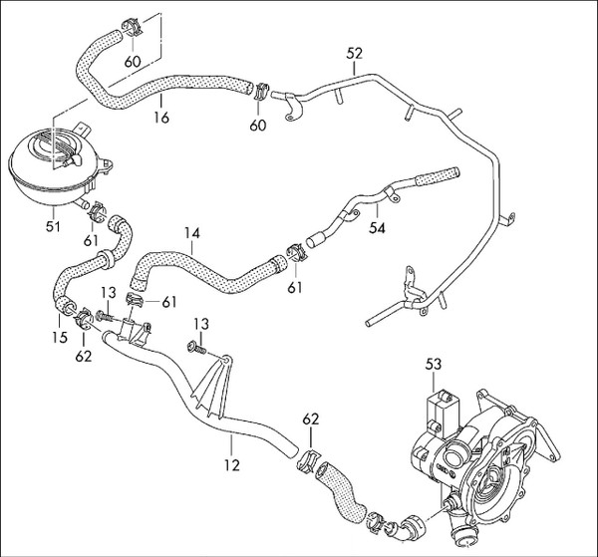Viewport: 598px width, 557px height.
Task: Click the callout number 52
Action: tap(354, 54)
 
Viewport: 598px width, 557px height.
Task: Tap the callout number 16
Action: tap(161, 118)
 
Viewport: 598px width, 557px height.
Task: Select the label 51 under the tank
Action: tap(53, 226)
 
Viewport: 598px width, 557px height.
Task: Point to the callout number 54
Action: tap(377, 227)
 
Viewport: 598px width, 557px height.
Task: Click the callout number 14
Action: tap(191, 233)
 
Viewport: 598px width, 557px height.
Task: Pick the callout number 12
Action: tap(232, 465)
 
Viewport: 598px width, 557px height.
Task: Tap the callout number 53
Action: tap(434, 364)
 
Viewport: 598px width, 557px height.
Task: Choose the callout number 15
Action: tap(60, 337)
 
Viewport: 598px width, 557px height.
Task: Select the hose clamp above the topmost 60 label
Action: tap(132, 27)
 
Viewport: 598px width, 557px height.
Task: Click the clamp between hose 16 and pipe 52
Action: tap(261, 91)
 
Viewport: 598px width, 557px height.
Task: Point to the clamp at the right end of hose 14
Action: tap(296, 253)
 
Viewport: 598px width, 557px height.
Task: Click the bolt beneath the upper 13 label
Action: tap(106, 316)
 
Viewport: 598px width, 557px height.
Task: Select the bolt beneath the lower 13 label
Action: tap(197, 348)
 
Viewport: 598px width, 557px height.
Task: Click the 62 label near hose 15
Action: tap(84, 356)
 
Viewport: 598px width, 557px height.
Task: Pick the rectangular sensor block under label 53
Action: tap(443, 414)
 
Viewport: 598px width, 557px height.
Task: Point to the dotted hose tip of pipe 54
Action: tap(438, 177)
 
